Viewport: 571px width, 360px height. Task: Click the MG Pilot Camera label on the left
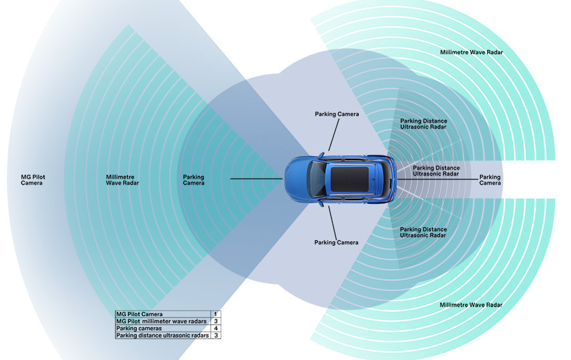[x=32, y=180]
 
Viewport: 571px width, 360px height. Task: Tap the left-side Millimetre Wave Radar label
[x=122, y=180]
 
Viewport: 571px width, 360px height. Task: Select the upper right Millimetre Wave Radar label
[x=471, y=52]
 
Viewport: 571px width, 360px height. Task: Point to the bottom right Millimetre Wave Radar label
[x=470, y=305]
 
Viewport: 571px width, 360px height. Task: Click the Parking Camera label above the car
[x=337, y=114]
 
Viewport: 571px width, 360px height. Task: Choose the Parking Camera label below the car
[x=336, y=243]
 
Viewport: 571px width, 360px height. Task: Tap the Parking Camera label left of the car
[x=194, y=180]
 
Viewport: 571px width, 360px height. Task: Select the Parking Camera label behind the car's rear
[x=490, y=180]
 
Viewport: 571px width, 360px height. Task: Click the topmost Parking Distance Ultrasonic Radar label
[x=423, y=124]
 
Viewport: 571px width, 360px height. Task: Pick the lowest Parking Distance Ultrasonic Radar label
[x=423, y=232]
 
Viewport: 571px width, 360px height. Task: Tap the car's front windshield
[x=317, y=178]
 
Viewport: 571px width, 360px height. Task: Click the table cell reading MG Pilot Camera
[x=139, y=314]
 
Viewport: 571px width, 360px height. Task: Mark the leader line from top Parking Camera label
[x=333, y=135]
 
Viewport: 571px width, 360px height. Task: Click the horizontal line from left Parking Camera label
[x=256, y=179]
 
